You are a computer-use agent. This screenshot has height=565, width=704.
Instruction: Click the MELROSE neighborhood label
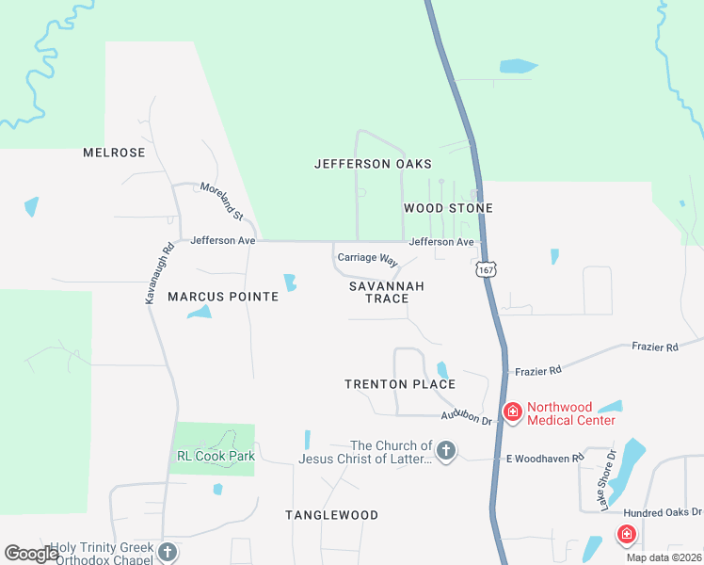(114, 153)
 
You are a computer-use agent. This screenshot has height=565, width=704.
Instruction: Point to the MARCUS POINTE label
(223, 297)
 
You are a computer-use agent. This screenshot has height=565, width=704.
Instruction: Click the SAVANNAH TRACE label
(386, 292)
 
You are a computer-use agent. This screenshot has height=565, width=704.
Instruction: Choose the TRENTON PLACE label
(400, 384)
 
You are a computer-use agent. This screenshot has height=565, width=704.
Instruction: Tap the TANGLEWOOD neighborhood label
(331, 515)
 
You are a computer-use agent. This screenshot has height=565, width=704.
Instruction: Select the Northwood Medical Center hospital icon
(513, 412)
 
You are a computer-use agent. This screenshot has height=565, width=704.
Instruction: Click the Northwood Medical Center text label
(571, 414)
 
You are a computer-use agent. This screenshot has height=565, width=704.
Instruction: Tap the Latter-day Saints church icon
(446, 452)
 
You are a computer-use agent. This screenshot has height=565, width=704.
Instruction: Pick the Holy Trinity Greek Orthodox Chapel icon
(168, 553)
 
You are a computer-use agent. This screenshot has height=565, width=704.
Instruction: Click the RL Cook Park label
(216, 457)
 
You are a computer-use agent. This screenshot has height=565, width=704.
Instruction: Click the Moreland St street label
(222, 201)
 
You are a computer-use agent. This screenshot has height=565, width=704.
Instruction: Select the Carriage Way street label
(368, 259)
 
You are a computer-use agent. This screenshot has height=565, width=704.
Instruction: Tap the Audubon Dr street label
(468, 417)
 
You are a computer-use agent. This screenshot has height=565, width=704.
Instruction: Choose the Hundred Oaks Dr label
(663, 512)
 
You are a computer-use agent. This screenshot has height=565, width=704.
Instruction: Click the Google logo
(32, 554)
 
